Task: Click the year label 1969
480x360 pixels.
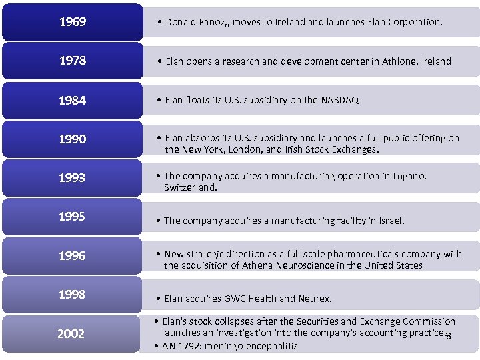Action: pos(72,22)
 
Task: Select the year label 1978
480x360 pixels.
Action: pos(72,61)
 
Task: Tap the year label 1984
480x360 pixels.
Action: pos(72,100)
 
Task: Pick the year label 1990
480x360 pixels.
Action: pos(72,139)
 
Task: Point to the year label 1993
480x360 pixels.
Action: pos(72,178)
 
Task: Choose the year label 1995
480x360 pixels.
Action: pos(72,217)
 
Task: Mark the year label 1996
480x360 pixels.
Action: pos(72,255)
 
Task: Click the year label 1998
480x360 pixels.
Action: pos(72,294)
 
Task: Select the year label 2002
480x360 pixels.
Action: pos(71,333)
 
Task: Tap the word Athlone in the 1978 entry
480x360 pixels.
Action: pos(399,61)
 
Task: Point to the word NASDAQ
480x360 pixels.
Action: pos(339,100)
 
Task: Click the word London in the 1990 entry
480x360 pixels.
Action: pos(246,149)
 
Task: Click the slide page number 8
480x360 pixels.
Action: pos(449,335)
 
